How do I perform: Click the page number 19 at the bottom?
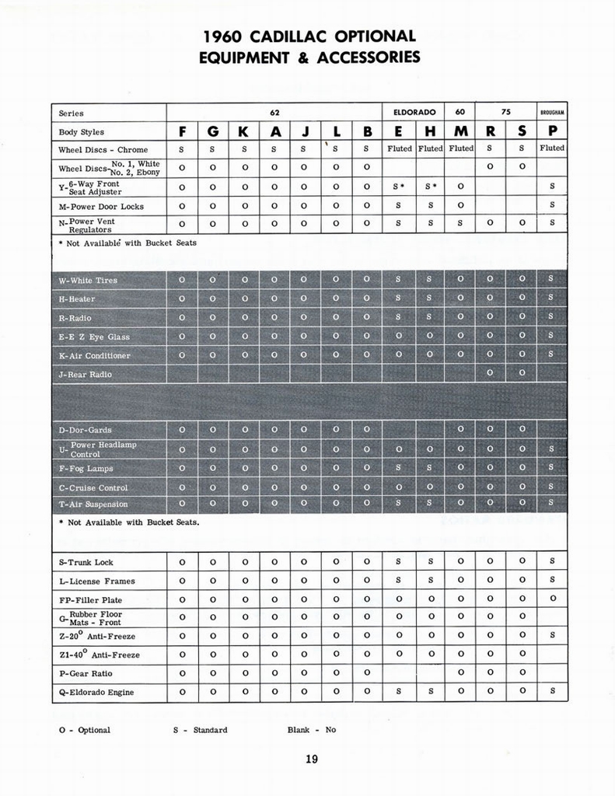(x=311, y=759)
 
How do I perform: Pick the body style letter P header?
(x=552, y=131)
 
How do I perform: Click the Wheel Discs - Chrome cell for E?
(x=399, y=148)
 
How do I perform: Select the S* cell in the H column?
(x=429, y=187)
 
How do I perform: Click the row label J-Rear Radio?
(x=85, y=375)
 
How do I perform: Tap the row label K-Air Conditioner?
(x=94, y=356)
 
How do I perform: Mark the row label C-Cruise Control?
(x=93, y=488)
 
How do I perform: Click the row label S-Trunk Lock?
(x=86, y=562)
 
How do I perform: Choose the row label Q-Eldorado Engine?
(x=96, y=693)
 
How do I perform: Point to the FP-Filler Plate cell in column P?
(x=552, y=599)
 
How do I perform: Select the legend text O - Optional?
(x=84, y=730)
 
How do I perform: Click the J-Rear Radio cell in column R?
(x=490, y=374)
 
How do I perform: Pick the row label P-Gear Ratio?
(x=85, y=673)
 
